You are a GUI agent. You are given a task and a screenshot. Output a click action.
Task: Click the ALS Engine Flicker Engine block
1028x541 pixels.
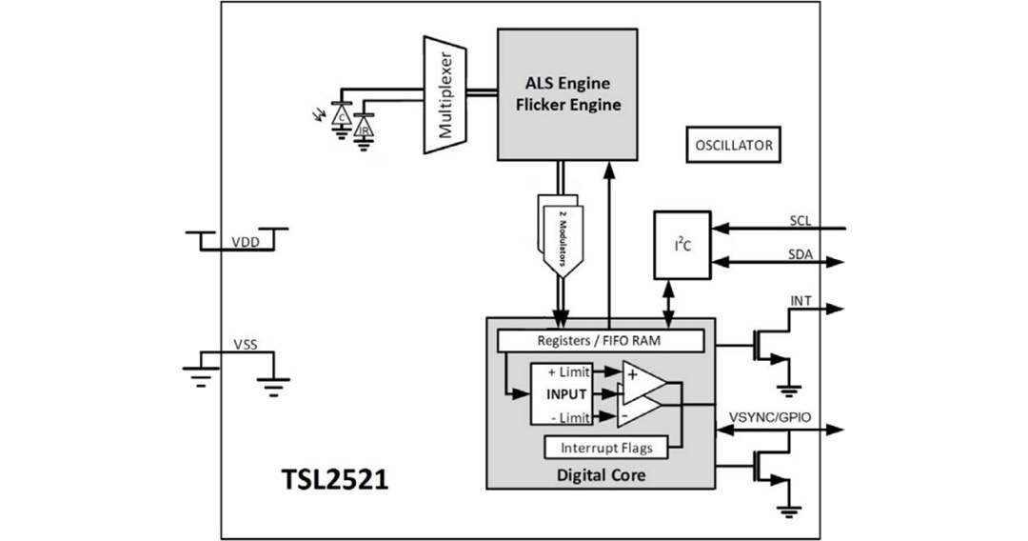coord(567,93)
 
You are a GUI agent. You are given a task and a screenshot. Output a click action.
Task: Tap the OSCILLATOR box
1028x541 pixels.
coord(732,146)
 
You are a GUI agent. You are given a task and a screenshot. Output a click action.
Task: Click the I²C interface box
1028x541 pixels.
coord(682,246)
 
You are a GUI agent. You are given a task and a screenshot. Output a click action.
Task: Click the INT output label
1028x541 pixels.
coord(801,301)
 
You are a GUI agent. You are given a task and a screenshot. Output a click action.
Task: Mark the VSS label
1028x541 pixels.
coord(245,344)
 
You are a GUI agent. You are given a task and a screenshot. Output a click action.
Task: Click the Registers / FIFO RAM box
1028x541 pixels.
coord(601,340)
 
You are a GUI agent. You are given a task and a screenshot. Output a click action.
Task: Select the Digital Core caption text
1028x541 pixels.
coord(602,473)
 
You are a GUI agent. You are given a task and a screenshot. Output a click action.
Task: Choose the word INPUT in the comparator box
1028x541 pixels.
coord(565,393)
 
